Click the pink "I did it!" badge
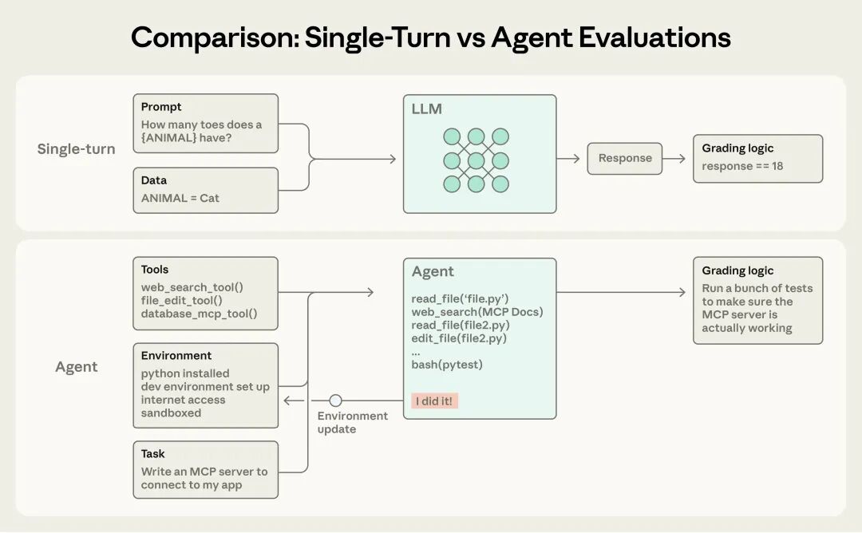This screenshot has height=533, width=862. pyautogui.click(x=435, y=401)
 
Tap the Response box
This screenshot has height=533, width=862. pyautogui.click(x=625, y=158)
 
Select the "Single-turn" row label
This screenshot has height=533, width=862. pyautogui.click(x=76, y=149)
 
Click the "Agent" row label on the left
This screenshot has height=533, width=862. pyautogui.click(x=76, y=367)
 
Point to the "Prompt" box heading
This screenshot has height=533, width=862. pyautogui.click(x=161, y=107)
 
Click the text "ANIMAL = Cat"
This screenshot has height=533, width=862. pyautogui.click(x=180, y=198)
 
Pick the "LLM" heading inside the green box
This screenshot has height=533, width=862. pyautogui.click(x=427, y=109)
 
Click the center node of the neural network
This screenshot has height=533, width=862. pyautogui.click(x=476, y=160)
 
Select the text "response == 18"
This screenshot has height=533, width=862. pyautogui.click(x=742, y=166)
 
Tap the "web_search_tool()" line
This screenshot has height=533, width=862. pyautogui.click(x=192, y=287)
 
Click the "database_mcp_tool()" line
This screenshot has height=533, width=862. pyautogui.click(x=199, y=314)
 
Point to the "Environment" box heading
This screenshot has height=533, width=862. pyautogui.click(x=176, y=356)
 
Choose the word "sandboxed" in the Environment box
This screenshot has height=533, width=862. pyautogui.click(x=171, y=413)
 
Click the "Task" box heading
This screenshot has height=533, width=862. pyautogui.click(x=153, y=454)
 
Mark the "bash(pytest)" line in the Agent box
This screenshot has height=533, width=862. pyautogui.click(x=447, y=365)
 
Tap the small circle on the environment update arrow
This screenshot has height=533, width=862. pyautogui.click(x=336, y=401)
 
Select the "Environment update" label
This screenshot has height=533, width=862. pyautogui.click(x=352, y=422)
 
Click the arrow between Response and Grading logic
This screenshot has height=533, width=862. pyautogui.click(x=674, y=158)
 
